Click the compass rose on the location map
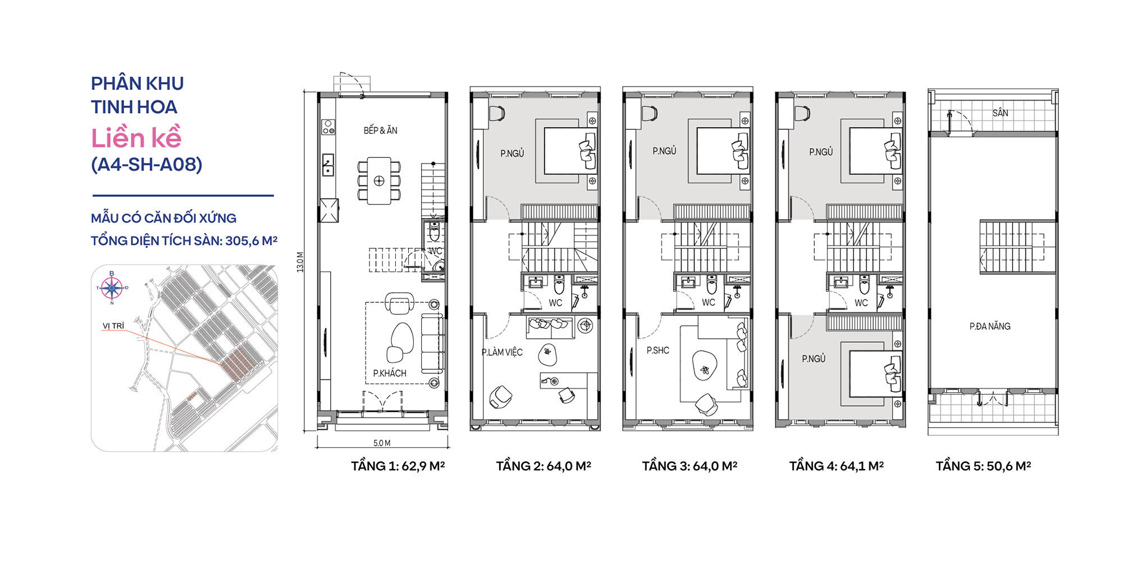pos(112,288)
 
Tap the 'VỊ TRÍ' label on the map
pos(113,326)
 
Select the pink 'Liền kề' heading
pos(136,138)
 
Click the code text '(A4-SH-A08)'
pos(147,165)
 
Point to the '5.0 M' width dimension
pos(381,443)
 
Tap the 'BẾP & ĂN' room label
pos(380,130)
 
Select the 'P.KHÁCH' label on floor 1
pos(390,373)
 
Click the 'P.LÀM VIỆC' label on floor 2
pos(502,352)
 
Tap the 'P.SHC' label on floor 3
pos(658,351)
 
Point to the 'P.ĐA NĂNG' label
pos(990,326)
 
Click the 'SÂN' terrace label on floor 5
pos(1000,113)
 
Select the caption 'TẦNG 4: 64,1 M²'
pos(837,466)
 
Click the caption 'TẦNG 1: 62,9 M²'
pos(398,466)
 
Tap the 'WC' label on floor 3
pos(709,302)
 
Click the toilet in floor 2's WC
pos(559,285)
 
